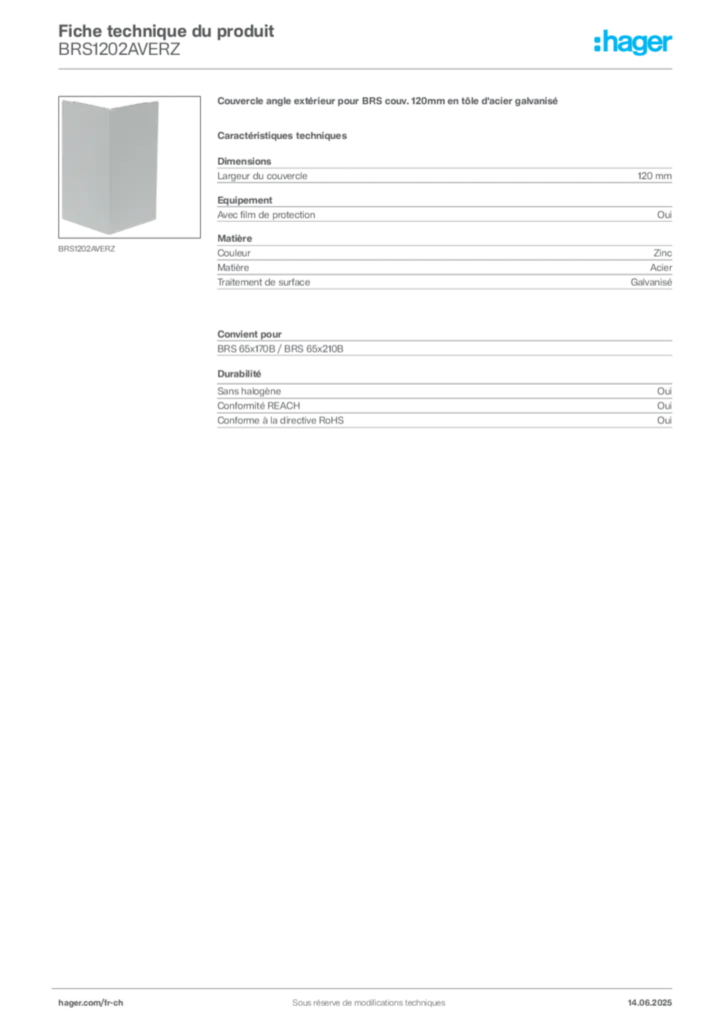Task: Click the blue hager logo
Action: click(634, 43)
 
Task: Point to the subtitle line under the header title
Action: click(120, 54)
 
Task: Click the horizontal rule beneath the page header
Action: click(368, 67)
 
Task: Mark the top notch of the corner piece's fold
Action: click(110, 106)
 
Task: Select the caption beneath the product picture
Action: click(88, 249)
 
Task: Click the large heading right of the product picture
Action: click(386, 102)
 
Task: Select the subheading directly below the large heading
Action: click(284, 136)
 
